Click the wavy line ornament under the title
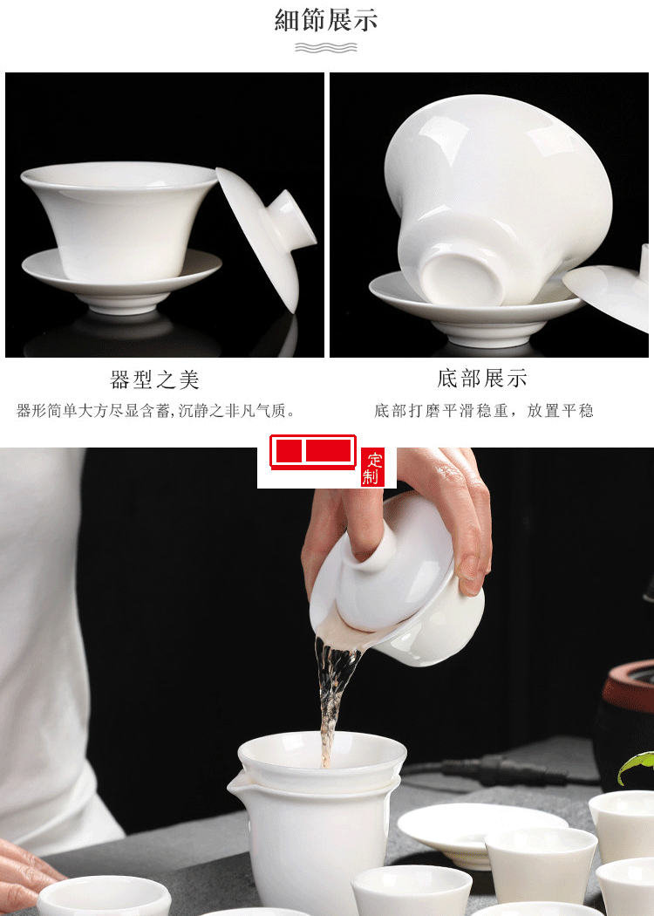point(326,47)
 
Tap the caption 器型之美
point(155,379)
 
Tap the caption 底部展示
point(482,379)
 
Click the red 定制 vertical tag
point(372,468)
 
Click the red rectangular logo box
point(313,452)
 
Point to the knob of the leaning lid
point(292,218)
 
